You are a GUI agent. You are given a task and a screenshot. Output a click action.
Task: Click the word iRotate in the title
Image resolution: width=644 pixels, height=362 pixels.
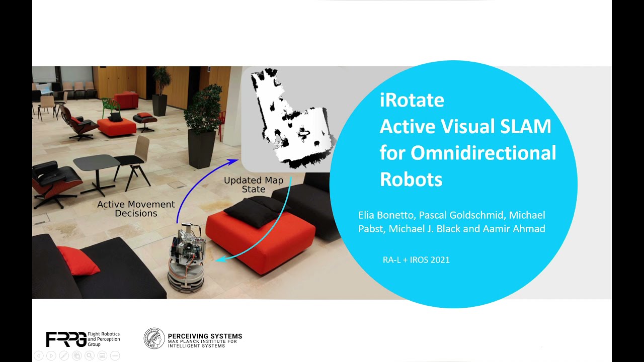click(x=412, y=101)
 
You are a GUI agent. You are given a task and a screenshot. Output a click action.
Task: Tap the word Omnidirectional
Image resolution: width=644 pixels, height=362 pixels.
click(x=483, y=153)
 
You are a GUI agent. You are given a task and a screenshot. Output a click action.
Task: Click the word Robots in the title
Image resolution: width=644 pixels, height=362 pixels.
click(x=411, y=179)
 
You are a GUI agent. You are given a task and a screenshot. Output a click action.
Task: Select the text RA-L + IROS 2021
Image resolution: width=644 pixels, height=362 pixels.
click(x=416, y=260)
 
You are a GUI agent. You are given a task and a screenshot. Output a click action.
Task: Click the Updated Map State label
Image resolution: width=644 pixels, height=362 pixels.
click(x=254, y=185)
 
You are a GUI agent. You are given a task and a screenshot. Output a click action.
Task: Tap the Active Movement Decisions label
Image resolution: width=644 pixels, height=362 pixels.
click(x=136, y=209)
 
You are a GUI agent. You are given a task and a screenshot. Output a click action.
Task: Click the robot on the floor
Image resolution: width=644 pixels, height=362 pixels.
click(x=187, y=261)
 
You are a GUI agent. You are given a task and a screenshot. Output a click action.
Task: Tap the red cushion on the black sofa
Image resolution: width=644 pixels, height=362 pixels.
click(x=77, y=260)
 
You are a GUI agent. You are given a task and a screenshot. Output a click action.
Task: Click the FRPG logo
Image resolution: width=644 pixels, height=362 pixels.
click(x=65, y=339)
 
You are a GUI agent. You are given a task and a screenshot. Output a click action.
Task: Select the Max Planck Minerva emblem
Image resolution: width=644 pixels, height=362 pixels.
click(x=154, y=338)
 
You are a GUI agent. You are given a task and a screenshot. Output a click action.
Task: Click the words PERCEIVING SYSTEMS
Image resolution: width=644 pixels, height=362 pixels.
click(x=205, y=336)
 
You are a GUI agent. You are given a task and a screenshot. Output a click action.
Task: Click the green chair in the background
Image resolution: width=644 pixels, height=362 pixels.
click(x=110, y=106)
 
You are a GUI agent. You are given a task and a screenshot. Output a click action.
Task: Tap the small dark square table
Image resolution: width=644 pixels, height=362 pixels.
click(x=97, y=163)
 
